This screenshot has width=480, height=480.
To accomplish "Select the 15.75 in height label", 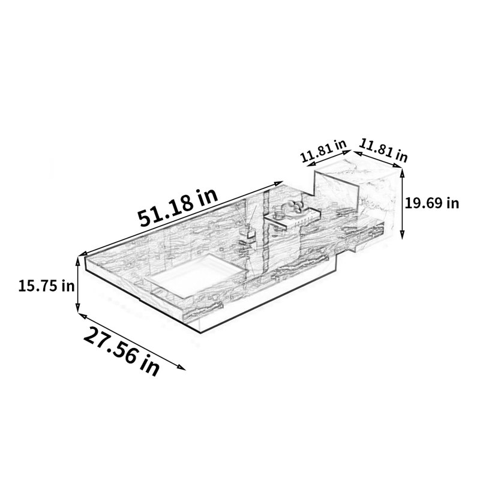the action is [47, 286].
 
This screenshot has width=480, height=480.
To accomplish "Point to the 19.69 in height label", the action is [432, 203].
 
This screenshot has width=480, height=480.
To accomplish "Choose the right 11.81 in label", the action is [383, 150].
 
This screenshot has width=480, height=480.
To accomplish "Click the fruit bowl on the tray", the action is [295, 207].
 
